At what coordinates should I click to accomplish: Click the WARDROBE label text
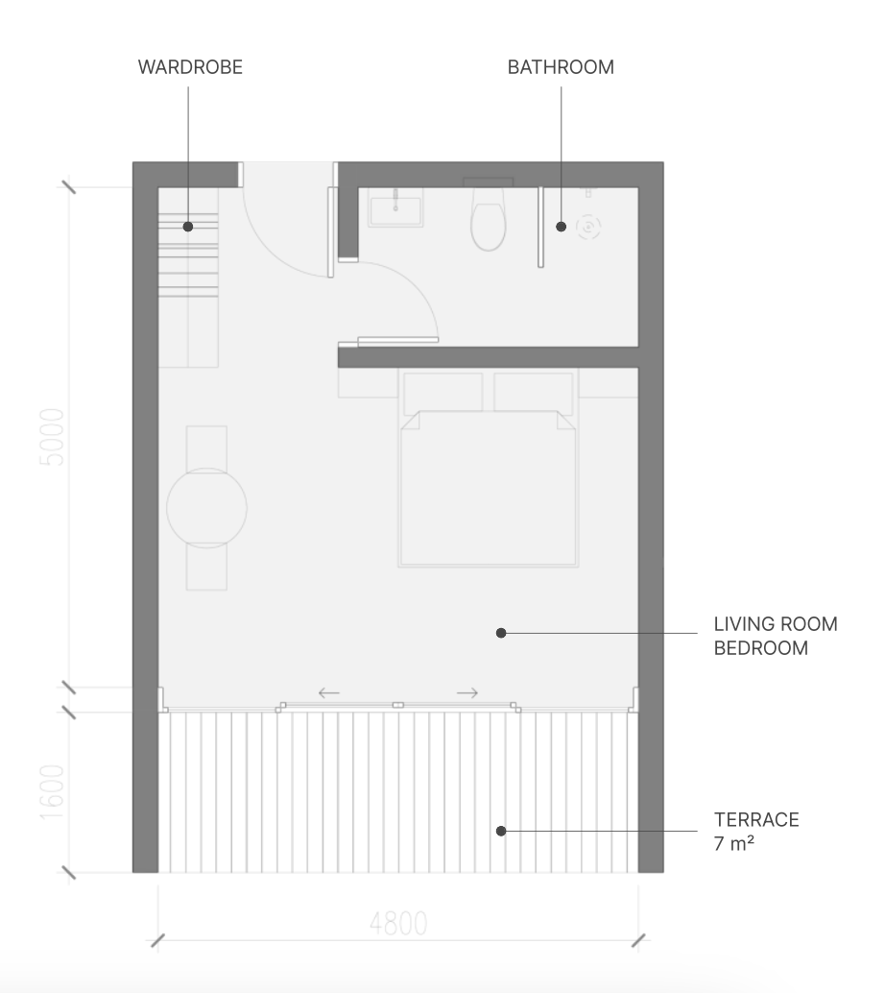click(x=190, y=67)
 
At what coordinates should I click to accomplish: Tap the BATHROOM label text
click(x=561, y=67)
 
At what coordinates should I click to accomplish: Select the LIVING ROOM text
click(x=776, y=624)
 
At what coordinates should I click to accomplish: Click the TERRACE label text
click(x=756, y=820)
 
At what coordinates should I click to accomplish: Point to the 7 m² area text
click(x=734, y=843)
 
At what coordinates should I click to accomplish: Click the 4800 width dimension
click(x=398, y=924)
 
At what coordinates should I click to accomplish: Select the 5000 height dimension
click(x=52, y=437)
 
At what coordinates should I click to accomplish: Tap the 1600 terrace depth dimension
click(x=52, y=792)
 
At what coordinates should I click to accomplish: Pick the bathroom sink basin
click(x=395, y=211)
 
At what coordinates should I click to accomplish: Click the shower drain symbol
click(x=588, y=226)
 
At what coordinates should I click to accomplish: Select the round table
click(x=206, y=508)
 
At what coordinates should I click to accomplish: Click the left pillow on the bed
click(x=442, y=393)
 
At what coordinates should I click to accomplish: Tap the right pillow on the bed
click(x=533, y=393)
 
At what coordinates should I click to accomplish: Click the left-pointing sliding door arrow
click(x=328, y=692)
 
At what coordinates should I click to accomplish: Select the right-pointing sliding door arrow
click(x=467, y=692)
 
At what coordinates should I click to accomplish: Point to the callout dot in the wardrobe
click(x=188, y=226)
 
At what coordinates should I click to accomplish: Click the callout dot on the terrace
click(x=501, y=831)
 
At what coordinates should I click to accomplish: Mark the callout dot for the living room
click(x=501, y=633)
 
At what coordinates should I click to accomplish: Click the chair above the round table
click(x=206, y=448)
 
